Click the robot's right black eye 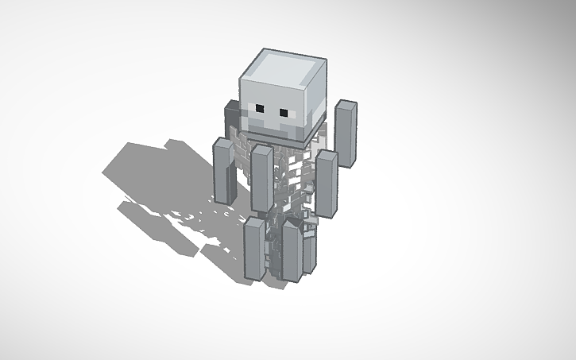click(x=283, y=111)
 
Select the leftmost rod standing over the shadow click(x=223, y=171)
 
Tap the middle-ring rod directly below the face click(x=262, y=179)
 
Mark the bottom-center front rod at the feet click(x=292, y=253)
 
